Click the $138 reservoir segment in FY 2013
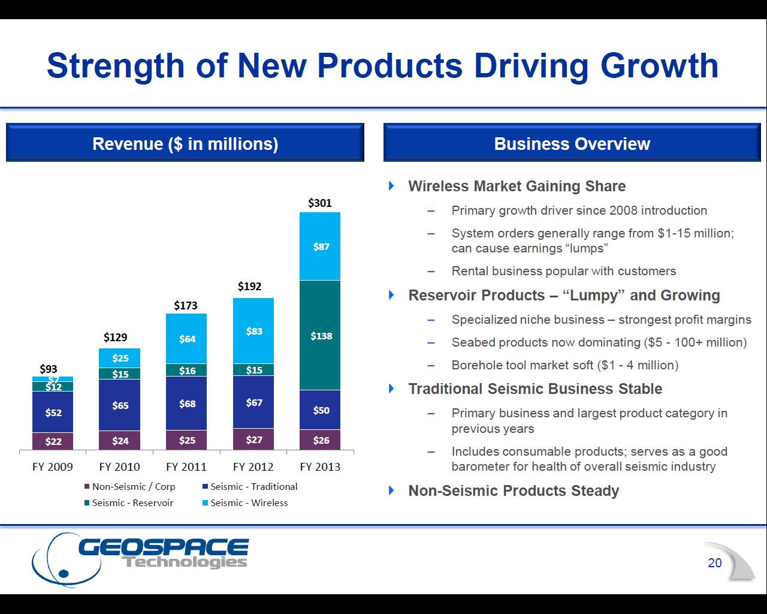(x=321, y=336)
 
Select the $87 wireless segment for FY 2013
(x=321, y=246)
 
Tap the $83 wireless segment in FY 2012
(x=253, y=331)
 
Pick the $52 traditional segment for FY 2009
(x=53, y=413)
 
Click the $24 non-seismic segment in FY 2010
(x=120, y=441)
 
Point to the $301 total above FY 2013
(x=319, y=203)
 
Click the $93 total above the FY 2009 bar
(x=49, y=369)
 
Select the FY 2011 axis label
(x=186, y=466)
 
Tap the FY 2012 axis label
(x=253, y=466)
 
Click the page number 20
(x=714, y=562)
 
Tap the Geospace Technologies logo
(x=141, y=558)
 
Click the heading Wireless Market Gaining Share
(x=517, y=186)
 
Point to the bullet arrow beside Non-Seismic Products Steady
(x=392, y=490)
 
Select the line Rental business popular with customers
(x=563, y=271)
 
